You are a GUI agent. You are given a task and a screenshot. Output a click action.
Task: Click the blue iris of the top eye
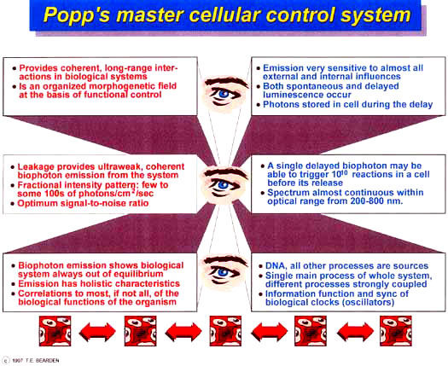coord(224,93)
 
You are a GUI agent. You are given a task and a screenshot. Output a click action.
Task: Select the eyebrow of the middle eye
coord(225,173)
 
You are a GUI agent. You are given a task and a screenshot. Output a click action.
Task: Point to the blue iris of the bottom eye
coord(223,272)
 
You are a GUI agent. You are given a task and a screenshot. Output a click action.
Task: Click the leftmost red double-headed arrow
coord(97,332)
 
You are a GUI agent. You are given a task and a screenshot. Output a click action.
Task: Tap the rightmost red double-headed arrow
coord(355,332)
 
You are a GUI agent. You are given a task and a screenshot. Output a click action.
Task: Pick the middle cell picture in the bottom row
coord(225,331)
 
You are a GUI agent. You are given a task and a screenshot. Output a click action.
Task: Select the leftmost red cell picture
coord(55,331)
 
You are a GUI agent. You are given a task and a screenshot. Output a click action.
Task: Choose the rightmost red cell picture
coord(396,331)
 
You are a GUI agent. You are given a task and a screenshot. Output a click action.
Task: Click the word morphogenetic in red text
coord(120,86)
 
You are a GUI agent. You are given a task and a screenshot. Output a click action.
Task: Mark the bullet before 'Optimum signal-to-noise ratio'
coord(12,204)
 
